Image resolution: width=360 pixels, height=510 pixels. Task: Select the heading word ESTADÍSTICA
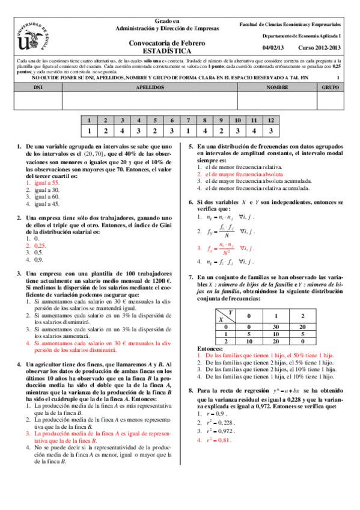tap(167, 51)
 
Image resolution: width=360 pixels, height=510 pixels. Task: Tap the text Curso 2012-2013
tap(319, 47)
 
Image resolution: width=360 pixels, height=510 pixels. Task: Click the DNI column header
tap(35, 87)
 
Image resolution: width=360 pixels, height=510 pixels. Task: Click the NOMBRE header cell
tap(276, 87)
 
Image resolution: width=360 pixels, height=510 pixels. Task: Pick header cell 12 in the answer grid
tap(272, 120)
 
